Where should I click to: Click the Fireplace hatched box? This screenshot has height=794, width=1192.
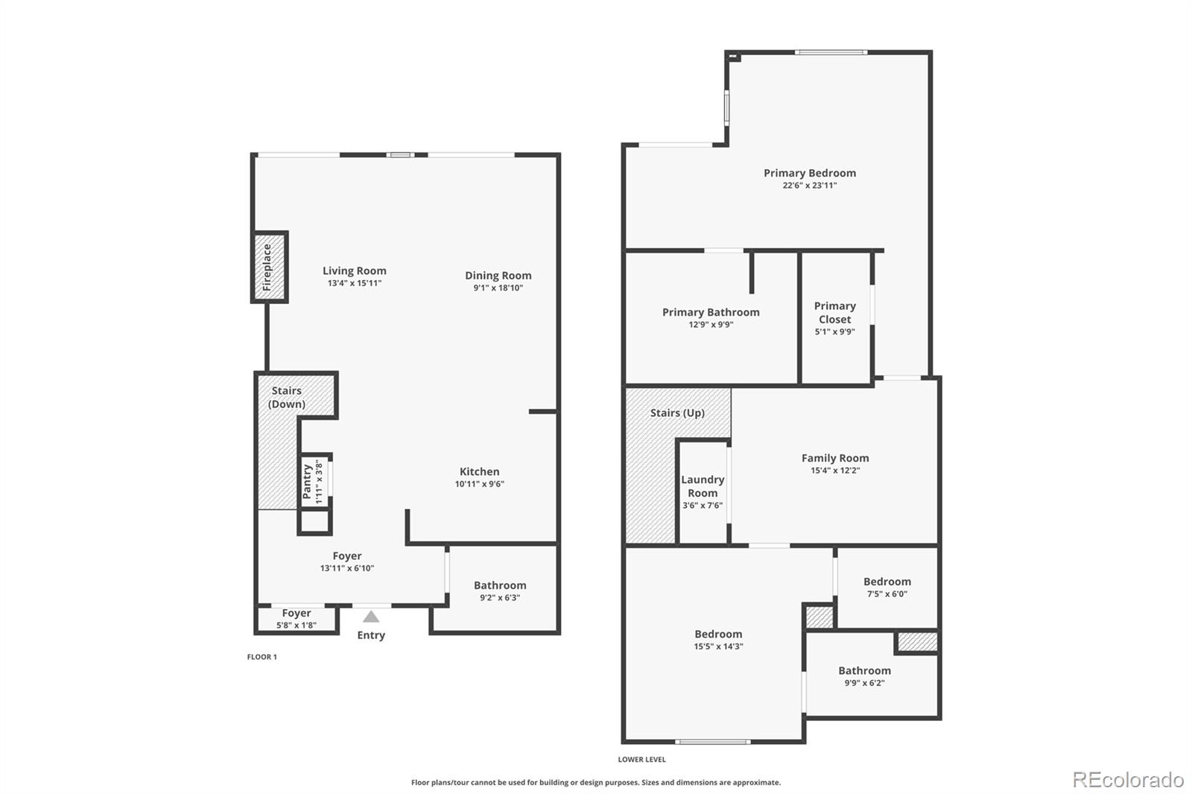[269, 267]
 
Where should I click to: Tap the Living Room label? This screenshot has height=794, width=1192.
[354, 271]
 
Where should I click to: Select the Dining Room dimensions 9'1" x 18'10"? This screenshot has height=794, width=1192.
[498, 288]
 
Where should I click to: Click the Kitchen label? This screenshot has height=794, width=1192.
[479, 471]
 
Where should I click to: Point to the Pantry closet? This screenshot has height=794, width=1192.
[315, 481]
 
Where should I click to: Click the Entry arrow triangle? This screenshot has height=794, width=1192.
[371, 617]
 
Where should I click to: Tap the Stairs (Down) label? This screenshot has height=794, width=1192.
[287, 397]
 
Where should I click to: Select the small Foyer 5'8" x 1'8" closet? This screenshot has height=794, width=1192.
[296, 619]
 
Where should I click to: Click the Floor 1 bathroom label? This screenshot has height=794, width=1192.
[500, 585]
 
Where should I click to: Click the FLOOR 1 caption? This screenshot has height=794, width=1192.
[261, 657]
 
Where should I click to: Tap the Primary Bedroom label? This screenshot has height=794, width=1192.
[809, 173]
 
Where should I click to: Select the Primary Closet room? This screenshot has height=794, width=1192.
[834, 318]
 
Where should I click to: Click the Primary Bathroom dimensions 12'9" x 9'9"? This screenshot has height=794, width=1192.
[710, 325]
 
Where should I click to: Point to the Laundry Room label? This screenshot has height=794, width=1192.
[703, 486]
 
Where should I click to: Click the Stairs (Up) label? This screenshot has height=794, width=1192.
[677, 413]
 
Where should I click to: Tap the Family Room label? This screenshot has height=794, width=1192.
[834, 458]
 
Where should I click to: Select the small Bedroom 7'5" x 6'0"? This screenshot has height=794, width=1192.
[887, 587]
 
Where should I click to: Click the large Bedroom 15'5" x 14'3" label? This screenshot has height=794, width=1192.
[718, 634]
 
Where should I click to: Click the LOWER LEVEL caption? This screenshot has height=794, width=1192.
[641, 760]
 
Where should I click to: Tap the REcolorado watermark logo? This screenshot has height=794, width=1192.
[1128, 780]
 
